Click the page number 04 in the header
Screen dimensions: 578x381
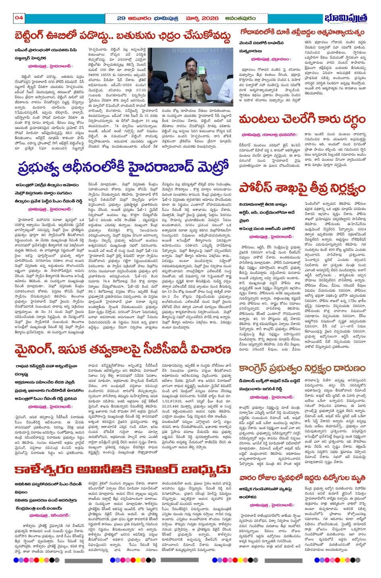pos(19,18)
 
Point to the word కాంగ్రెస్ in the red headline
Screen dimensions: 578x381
pos(262,368)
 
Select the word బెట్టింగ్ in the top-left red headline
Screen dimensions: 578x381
pos(37,36)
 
